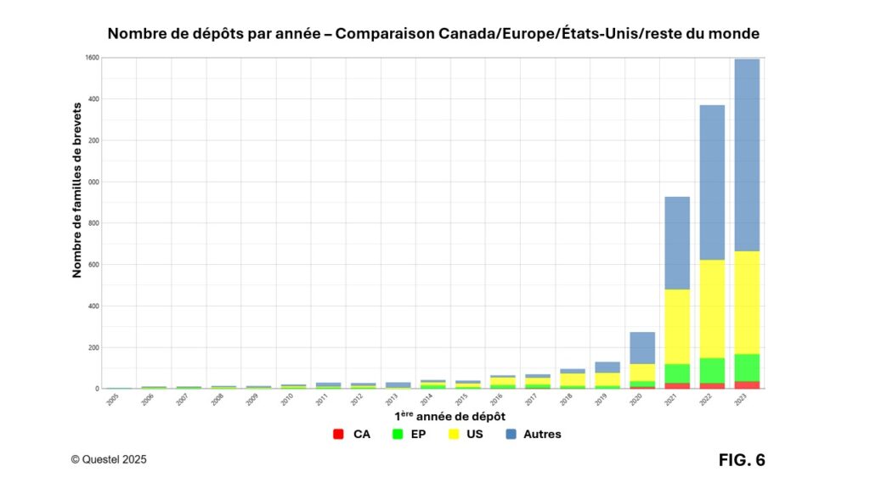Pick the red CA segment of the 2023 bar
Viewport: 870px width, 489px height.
point(746,385)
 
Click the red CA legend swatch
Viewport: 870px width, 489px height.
point(337,435)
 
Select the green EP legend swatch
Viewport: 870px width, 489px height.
point(398,435)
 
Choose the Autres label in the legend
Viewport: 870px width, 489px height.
point(542,435)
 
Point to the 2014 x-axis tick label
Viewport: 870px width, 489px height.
point(426,401)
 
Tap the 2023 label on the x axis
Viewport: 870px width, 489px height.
point(739,401)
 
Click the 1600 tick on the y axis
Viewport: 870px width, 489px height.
point(93,58)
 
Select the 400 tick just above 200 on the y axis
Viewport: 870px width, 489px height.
point(93,306)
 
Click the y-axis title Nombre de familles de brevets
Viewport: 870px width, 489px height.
point(76,189)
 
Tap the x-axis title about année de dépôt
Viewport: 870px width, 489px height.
point(450,416)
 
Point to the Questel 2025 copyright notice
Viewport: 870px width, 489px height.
point(109,459)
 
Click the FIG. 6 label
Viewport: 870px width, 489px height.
point(742,460)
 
